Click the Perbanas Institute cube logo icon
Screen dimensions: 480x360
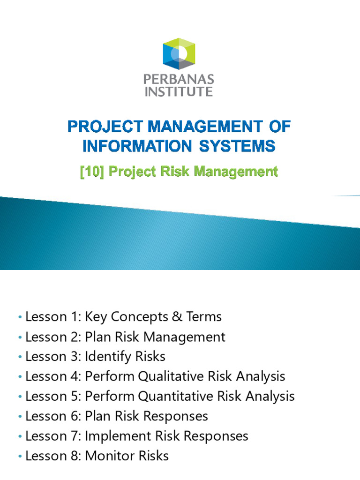coord(179,53)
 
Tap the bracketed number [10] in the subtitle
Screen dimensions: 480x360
coord(92,172)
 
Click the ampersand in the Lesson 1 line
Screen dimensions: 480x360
coord(178,317)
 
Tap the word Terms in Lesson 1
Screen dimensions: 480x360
coord(204,317)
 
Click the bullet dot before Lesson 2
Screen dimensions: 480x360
coord(20,337)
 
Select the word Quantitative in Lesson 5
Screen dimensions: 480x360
coord(176,396)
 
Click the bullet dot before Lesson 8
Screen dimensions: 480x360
coord(20,456)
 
